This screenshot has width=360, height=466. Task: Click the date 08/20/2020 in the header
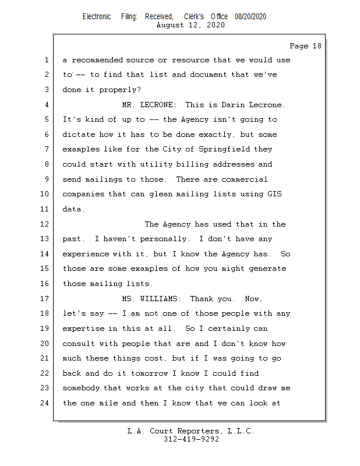tap(250, 17)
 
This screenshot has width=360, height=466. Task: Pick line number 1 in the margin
tap(45, 60)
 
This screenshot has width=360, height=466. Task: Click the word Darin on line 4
tap(235, 105)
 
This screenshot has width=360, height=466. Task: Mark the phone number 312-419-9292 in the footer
tap(191, 439)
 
